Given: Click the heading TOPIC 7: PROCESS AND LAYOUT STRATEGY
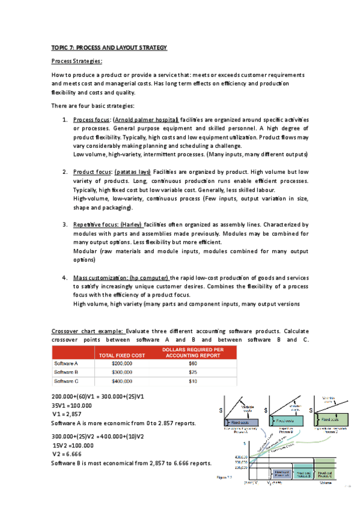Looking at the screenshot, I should (x=109, y=48).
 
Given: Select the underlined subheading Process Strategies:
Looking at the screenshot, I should (x=77, y=61).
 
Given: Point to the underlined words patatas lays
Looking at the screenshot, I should (x=133, y=171).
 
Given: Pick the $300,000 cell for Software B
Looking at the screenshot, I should (x=123, y=372).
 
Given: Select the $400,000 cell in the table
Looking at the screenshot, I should (x=123, y=381).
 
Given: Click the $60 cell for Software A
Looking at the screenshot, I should (x=192, y=363).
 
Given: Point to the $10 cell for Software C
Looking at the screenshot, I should (x=192, y=381).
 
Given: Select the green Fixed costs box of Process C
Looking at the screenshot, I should (x=332, y=419).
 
